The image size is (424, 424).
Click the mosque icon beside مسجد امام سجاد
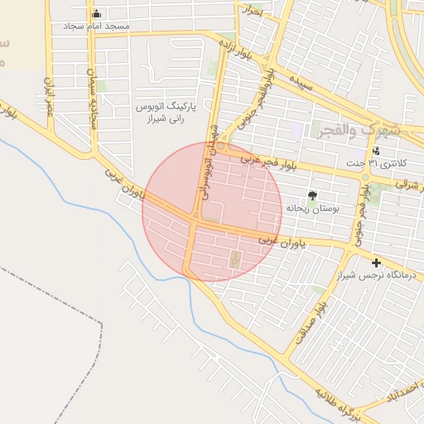[x=97, y=14]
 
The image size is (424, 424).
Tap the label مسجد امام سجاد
[x=97, y=27]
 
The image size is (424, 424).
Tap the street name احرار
[x=251, y=12]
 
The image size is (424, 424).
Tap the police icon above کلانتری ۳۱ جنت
[x=377, y=151]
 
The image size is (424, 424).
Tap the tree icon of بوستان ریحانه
[x=312, y=195]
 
